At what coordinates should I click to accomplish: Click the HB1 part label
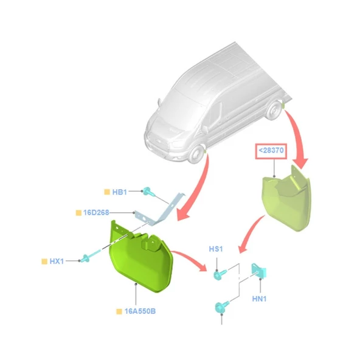(119, 192)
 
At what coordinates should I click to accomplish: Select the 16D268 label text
(96, 213)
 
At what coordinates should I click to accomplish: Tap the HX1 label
(57, 261)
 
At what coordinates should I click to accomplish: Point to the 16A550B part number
(140, 311)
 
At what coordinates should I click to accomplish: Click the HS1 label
(216, 249)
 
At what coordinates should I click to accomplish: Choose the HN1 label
(259, 299)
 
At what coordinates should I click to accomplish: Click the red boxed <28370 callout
(271, 151)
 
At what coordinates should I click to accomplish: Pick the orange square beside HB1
(107, 192)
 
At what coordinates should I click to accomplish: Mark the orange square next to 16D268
(78, 213)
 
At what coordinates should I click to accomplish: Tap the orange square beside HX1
(44, 261)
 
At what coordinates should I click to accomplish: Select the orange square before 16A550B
(119, 311)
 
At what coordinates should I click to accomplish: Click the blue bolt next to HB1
(148, 192)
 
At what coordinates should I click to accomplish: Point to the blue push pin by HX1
(91, 256)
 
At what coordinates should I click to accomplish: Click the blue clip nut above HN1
(259, 271)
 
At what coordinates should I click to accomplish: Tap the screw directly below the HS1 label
(220, 274)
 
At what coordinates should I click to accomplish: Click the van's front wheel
(196, 154)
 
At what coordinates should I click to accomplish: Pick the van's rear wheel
(274, 111)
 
